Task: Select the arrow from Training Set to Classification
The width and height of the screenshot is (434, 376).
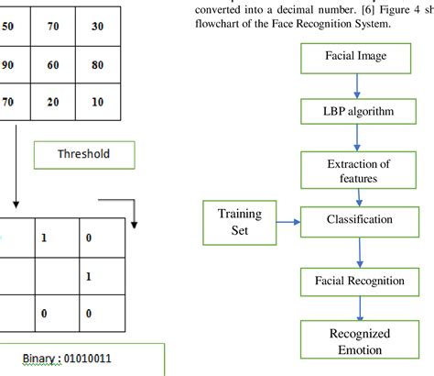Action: [x=288, y=221]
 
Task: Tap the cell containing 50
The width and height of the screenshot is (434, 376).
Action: [x=9, y=27]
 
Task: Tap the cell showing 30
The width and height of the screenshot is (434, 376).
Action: [x=97, y=27]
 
